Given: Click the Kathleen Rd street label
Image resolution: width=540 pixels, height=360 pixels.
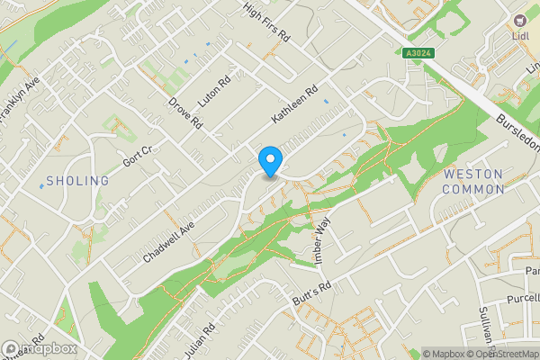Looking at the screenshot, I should click(x=296, y=107).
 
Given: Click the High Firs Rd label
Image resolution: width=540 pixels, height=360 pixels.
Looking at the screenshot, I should click(x=267, y=22).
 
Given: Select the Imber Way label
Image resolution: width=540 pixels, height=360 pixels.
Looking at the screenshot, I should click(x=323, y=240).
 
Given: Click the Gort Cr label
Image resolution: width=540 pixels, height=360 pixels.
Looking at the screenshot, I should click(x=139, y=158).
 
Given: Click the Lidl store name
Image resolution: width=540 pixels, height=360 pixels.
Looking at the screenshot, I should click(x=519, y=35).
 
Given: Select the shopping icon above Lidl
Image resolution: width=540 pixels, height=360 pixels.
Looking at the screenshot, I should click(x=519, y=20).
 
